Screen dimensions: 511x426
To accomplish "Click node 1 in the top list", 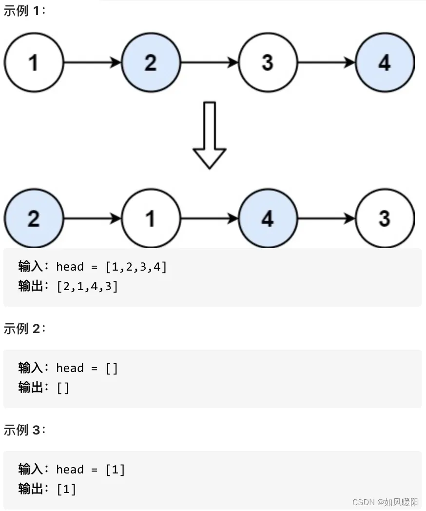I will [x=34, y=62].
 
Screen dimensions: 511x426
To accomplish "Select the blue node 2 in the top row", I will [x=151, y=62].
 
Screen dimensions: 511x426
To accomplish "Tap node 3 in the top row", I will [x=268, y=62].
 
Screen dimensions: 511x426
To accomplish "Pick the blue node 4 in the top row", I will [x=385, y=62].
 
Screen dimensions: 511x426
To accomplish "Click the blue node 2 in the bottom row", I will [x=34, y=218].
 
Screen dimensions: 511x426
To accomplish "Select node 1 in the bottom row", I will [x=151, y=218].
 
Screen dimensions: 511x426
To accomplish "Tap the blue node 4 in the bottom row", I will [x=268, y=218].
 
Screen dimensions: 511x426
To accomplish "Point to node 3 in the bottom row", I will [x=385, y=218].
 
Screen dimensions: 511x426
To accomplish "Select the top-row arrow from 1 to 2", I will [x=92, y=62].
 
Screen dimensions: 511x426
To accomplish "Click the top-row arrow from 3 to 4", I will [x=326, y=62].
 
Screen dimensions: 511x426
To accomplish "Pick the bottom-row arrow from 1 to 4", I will [x=209, y=218].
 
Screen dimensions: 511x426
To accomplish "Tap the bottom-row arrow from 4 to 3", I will [x=326, y=218].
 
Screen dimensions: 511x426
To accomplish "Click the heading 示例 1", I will [x=24, y=11].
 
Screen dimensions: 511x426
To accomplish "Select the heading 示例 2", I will [x=24, y=328].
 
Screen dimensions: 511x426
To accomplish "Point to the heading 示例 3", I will [x=24, y=430].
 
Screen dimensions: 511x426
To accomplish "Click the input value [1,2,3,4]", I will [x=136, y=267].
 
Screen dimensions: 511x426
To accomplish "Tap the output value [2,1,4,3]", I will [x=87, y=286].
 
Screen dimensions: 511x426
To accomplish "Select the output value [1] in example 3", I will [x=66, y=489].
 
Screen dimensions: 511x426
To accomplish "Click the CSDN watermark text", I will [x=385, y=502].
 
